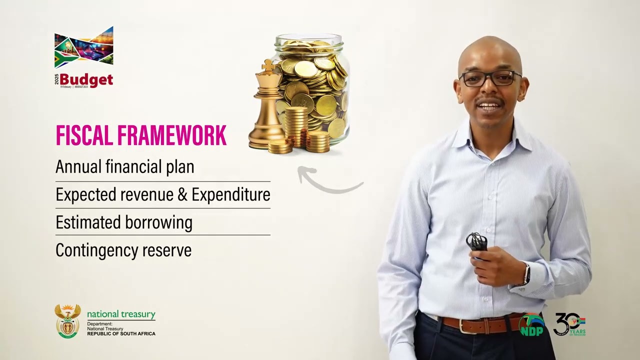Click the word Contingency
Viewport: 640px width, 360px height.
(x=97, y=250)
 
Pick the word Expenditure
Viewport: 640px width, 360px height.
(x=231, y=194)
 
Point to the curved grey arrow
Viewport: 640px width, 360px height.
(x=327, y=182)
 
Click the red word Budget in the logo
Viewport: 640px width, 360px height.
(x=86, y=80)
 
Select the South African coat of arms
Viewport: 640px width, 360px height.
(x=67, y=321)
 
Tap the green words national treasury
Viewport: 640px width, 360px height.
(x=121, y=314)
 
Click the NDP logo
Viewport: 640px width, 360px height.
(x=531, y=325)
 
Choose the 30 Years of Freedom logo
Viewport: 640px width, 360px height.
(x=569, y=324)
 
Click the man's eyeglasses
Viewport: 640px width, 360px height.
(x=489, y=78)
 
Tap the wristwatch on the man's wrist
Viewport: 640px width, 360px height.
(x=526, y=274)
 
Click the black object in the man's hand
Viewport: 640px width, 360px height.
(x=476, y=242)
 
